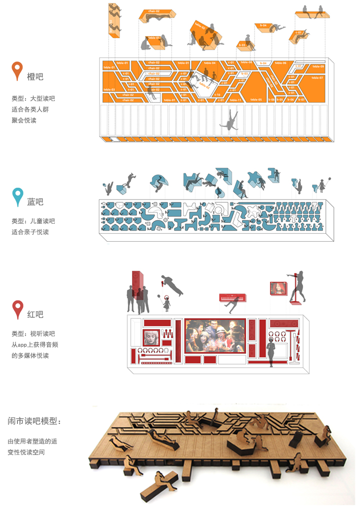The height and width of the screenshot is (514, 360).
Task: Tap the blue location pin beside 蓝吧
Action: (x=18, y=197)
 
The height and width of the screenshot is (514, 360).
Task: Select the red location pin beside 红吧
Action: (x=18, y=309)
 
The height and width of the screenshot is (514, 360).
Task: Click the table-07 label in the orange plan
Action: (x=317, y=78)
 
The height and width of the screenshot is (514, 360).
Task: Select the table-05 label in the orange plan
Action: (x=256, y=100)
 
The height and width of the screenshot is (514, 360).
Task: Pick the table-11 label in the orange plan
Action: (x=235, y=100)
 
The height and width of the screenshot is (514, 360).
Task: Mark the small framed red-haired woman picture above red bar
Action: (x=278, y=288)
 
